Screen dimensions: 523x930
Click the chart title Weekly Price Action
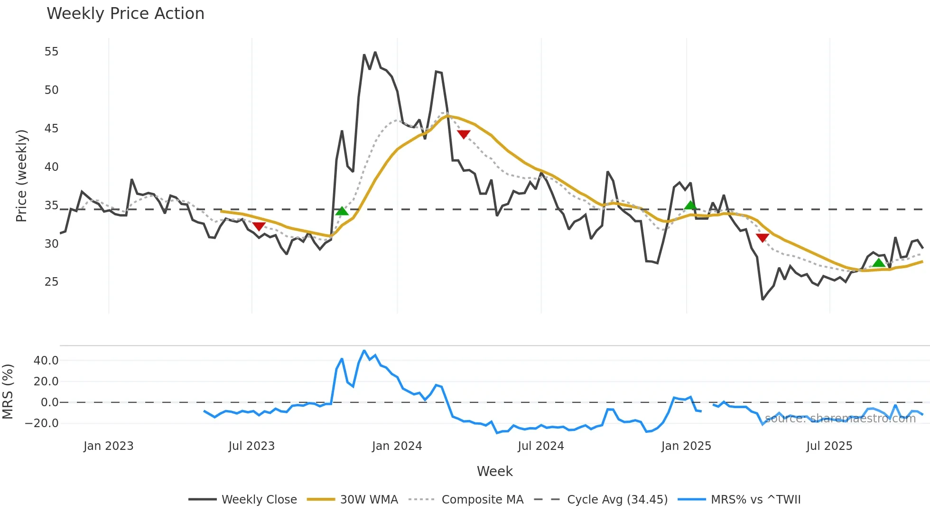tap(125, 14)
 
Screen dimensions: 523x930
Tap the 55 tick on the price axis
tap(51, 52)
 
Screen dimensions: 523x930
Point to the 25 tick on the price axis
tap(51, 282)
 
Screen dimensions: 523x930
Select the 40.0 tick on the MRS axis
tap(46, 361)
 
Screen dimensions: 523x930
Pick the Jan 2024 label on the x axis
tap(397, 446)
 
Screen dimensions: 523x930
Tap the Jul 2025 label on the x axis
tap(829, 446)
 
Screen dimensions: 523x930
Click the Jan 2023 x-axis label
tap(108, 446)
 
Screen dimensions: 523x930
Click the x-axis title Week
tap(494, 471)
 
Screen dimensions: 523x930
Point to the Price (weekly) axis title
tap(21, 176)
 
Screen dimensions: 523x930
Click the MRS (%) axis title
tap(8, 392)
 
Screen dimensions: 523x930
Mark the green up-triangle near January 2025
tap(690, 205)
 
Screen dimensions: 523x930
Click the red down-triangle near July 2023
tap(259, 226)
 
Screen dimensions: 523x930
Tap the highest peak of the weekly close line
tap(375, 52)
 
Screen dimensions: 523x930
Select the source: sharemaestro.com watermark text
tap(840, 419)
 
